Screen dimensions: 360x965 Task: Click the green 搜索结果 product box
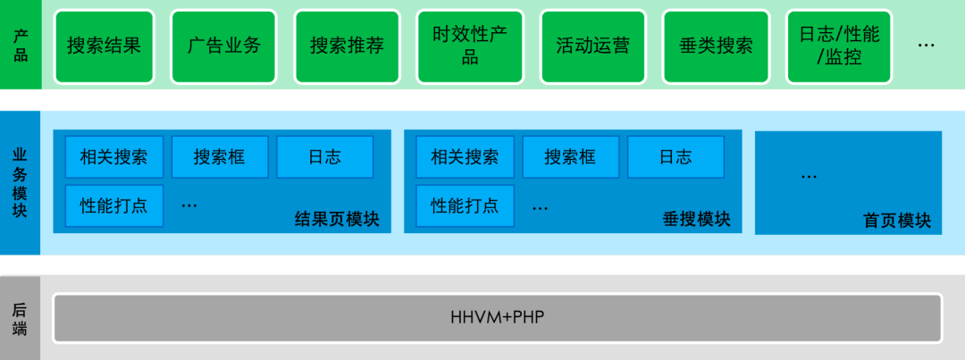pos(104,46)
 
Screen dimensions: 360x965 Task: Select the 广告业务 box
pos(224,46)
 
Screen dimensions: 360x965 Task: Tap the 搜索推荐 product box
pos(348,46)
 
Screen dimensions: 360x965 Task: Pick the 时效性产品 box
pos(470,46)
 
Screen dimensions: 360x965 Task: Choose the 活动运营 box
pos(592,46)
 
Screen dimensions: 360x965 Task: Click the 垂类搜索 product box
pos(716,46)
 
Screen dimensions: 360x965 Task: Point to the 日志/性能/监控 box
pos(839,46)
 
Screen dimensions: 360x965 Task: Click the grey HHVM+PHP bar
pos(498,317)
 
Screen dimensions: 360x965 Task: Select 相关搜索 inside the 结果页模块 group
pos(113,157)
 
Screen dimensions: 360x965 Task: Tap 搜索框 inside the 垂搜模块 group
pos(570,157)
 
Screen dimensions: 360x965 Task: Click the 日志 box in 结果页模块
pos(324,157)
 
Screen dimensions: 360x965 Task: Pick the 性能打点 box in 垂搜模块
pos(465,205)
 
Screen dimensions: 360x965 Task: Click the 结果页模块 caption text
pos(337,219)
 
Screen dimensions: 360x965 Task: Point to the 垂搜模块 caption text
pos(697,219)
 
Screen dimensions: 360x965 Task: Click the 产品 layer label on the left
pos(21,46)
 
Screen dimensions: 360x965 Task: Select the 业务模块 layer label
pos(21,182)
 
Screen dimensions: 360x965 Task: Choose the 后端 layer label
pos(21,319)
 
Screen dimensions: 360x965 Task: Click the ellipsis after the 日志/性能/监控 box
pos(927,44)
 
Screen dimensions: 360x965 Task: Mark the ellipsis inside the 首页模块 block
pos(809,177)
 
